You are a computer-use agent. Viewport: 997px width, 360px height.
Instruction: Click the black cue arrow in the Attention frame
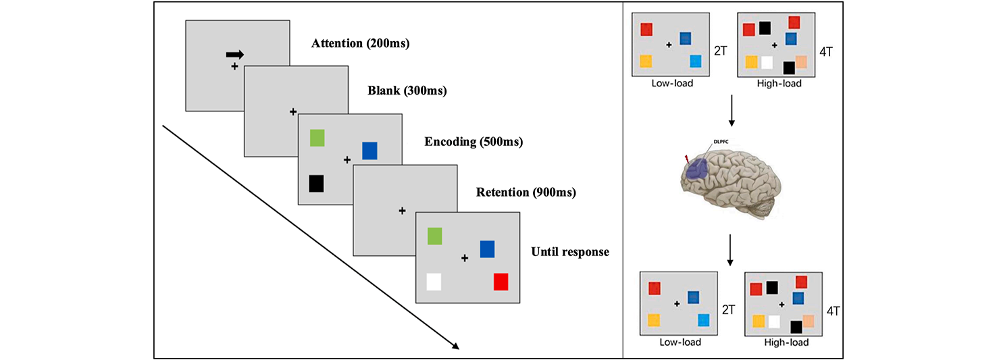(235, 55)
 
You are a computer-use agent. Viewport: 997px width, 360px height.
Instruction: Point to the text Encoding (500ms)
(474, 142)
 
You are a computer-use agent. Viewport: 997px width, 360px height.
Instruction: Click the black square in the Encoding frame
(317, 184)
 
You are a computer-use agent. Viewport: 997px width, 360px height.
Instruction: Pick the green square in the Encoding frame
(317, 138)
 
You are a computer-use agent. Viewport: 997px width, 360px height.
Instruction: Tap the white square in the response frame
(434, 281)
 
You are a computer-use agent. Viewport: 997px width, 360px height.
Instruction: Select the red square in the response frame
(501, 281)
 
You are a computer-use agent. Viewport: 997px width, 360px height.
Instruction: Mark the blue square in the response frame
(488, 249)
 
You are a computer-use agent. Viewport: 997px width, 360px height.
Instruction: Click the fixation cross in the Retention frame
(402, 211)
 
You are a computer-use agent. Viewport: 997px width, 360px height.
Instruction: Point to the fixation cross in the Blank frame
(292, 111)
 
